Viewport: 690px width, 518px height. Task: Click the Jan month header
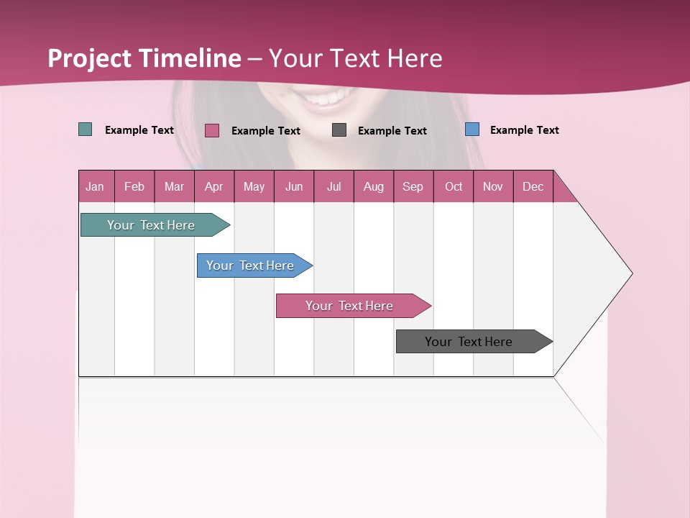95,186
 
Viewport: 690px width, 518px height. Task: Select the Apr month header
213,186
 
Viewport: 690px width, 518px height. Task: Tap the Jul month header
333,186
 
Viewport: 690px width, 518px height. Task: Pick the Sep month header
413,186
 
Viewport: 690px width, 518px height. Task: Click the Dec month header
533,186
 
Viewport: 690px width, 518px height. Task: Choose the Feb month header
134,186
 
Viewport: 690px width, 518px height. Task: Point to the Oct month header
454,186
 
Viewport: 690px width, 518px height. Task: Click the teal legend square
86,129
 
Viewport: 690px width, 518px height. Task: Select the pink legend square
212,130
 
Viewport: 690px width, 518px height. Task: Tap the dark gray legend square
339,130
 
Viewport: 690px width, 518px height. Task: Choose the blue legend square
472,129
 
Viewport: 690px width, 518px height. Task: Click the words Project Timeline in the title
144,58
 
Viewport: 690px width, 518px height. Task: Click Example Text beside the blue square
524,130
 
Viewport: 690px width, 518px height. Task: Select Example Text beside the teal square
139,130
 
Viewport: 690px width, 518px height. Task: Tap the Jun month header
294,186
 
